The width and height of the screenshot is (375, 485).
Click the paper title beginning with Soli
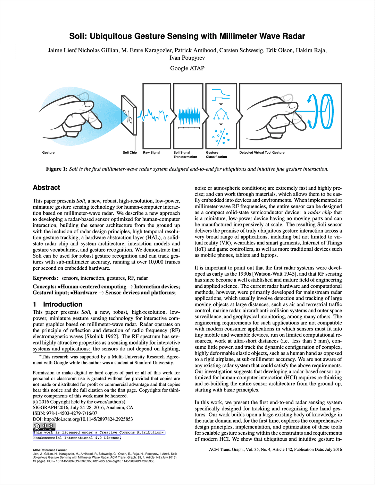(187, 36)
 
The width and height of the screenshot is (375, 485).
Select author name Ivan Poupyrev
(187, 58)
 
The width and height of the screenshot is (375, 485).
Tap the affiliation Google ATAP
(187, 68)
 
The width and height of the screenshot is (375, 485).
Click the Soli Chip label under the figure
(130, 153)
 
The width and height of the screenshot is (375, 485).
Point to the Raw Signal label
(152, 153)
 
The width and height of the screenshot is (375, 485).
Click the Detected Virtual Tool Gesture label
(262, 153)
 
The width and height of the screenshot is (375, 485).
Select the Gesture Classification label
(216, 155)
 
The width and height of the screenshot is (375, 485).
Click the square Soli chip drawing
(129, 116)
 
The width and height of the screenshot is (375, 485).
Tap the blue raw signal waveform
(153, 115)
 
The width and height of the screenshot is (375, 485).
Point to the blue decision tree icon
(221, 113)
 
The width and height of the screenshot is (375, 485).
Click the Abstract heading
(47, 188)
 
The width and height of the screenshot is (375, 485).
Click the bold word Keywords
(45, 278)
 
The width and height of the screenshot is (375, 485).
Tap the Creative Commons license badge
(44, 426)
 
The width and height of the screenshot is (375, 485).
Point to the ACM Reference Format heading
(50, 450)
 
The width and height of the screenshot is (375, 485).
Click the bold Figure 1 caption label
(57, 169)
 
